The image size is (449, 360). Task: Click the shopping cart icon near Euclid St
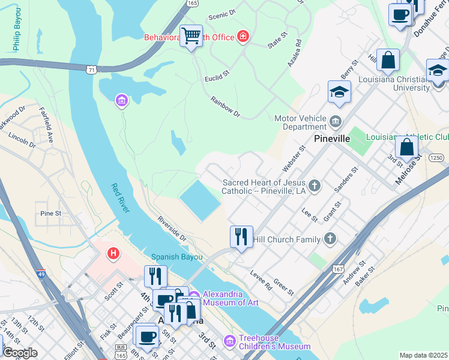click(191, 36)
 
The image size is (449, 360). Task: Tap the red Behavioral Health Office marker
click(243, 37)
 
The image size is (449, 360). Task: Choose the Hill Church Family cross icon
click(329, 239)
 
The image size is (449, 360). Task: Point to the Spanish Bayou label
click(174, 256)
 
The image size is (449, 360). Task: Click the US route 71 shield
click(91, 70)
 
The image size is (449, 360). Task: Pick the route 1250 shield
click(436, 157)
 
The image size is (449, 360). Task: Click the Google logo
click(19, 352)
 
